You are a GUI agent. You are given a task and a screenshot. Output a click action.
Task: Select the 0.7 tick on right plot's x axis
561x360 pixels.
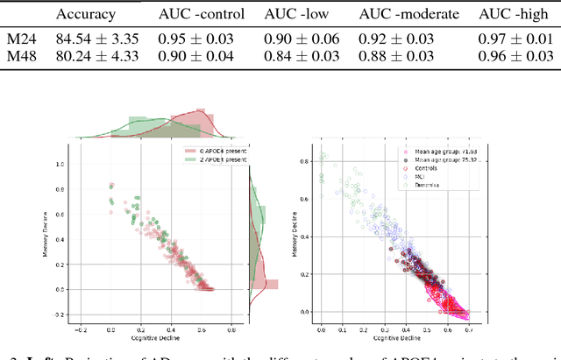pos(465,327)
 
